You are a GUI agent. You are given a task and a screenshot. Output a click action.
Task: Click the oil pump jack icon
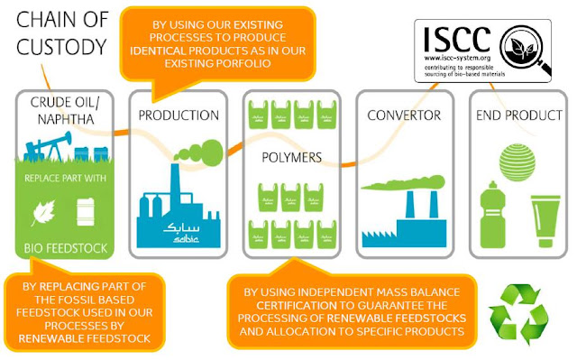(51, 148)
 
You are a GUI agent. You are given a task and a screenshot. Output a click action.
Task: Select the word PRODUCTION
(179, 115)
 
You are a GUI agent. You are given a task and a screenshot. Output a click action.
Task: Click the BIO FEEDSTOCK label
(66, 247)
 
